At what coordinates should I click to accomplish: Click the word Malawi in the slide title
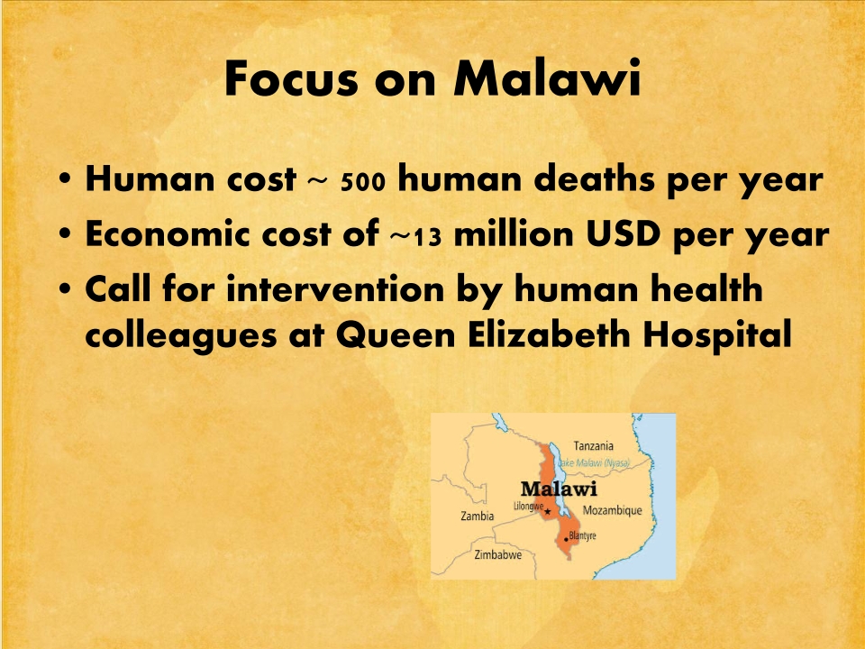point(547,79)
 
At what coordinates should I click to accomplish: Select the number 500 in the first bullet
point(362,182)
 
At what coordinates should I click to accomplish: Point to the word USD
point(623,234)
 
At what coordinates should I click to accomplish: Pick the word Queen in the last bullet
point(396,334)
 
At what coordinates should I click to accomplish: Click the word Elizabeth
point(549,334)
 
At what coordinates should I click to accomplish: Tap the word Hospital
point(717,335)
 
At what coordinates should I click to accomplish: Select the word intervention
point(335,289)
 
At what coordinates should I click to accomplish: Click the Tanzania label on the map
point(594,445)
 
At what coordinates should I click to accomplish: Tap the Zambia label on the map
point(478,516)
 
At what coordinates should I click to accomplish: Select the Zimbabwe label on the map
point(498,554)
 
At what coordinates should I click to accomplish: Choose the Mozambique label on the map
point(613,510)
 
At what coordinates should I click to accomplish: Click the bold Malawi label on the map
point(559,489)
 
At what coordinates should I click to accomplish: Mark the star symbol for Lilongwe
point(548,512)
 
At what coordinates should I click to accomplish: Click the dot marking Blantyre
point(566,539)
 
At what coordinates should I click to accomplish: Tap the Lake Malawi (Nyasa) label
point(594,463)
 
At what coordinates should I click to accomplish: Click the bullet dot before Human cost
point(65,180)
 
